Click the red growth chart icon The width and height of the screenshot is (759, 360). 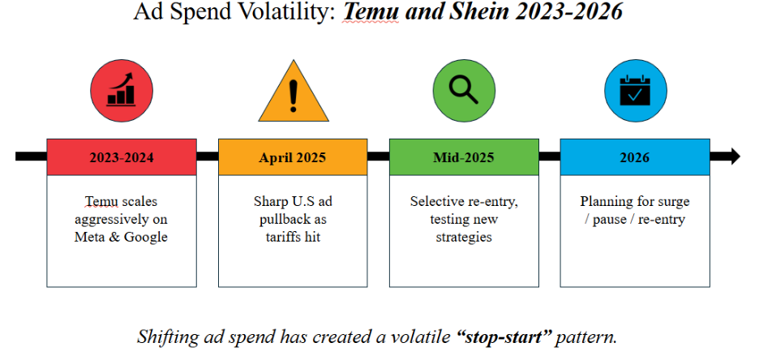coord(122,91)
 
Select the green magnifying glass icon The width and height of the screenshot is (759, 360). coord(464,91)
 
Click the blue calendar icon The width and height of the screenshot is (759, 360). coord(635,91)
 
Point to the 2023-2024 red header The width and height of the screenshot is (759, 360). coord(122,156)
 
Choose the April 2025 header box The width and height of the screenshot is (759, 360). coord(293,156)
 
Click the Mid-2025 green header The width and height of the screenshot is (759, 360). coord(464,156)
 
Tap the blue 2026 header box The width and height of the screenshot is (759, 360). coord(635,156)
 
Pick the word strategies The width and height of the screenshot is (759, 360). coord(464,238)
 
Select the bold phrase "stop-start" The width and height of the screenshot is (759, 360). coord(504,336)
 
